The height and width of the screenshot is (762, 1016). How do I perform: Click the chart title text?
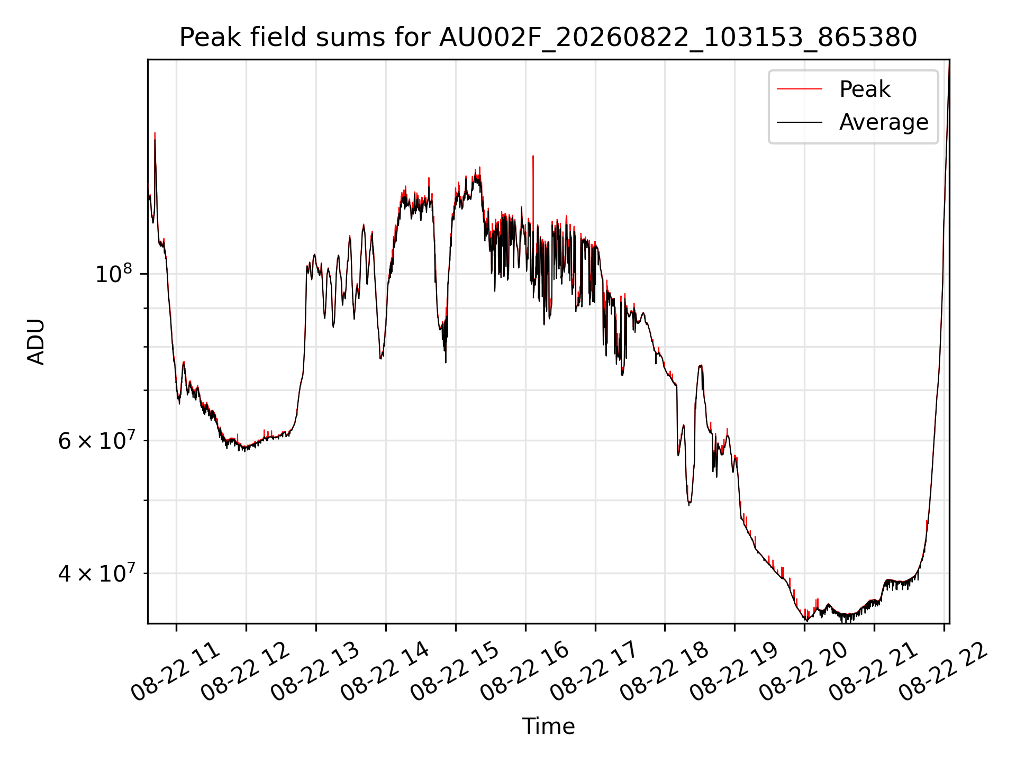(x=548, y=38)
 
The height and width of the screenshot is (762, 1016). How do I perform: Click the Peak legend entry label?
(x=865, y=89)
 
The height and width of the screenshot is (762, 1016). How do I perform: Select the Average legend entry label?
(x=884, y=122)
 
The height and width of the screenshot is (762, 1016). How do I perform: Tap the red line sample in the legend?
(x=799, y=89)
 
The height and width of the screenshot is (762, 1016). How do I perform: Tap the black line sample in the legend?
(x=799, y=122)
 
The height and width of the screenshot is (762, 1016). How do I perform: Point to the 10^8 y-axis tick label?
(x=113, y=274)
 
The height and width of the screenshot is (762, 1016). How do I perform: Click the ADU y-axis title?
(x=36, y=342)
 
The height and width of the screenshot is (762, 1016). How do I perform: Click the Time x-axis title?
(x=548, y=726)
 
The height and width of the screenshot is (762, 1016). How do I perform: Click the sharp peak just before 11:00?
(x=155, y=133)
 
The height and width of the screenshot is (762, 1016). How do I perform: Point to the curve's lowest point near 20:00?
(x=806, y=620)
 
